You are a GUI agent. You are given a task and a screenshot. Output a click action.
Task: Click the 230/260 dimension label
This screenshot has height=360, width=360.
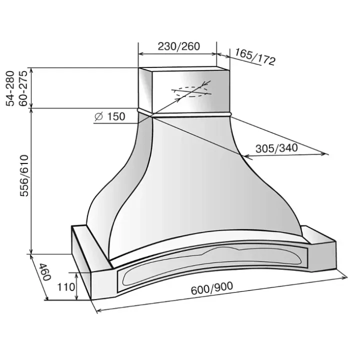tap(179, 46)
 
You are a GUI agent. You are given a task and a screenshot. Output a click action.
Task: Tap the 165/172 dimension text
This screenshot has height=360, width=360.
tap(255, 56)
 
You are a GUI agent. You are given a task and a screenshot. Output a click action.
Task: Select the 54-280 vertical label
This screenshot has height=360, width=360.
tap(10, 88)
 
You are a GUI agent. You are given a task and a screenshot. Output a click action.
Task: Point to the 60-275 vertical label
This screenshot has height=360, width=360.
tap(23, 88)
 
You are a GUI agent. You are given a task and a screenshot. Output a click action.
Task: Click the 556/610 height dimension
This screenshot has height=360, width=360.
tap(24, 176)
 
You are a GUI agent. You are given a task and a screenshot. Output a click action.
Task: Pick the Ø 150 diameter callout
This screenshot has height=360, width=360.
tap(109, 116)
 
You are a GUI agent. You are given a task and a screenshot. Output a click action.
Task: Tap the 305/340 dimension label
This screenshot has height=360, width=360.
tap(276, 148)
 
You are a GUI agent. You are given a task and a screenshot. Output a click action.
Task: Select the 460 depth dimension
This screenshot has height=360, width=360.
tap(44, 272)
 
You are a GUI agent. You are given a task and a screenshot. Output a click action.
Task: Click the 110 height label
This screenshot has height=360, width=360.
tap(66, 287)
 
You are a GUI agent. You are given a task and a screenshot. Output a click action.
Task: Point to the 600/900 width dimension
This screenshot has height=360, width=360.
tap(211, 288)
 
